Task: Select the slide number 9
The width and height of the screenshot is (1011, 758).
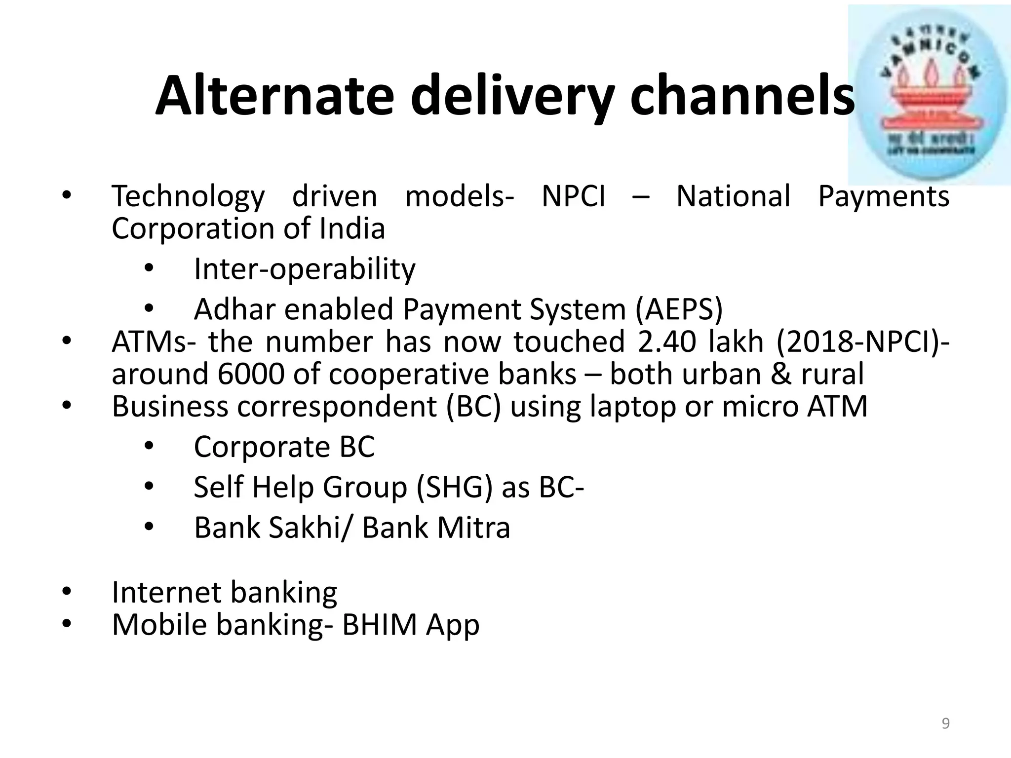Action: pos(945,723)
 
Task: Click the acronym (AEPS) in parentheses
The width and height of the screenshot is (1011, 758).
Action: pos(679,309)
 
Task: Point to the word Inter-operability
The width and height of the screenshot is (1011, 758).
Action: pos(305,269)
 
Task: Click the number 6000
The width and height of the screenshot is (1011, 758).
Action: pos(251,374)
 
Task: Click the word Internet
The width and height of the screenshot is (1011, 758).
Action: pos(165,592)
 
